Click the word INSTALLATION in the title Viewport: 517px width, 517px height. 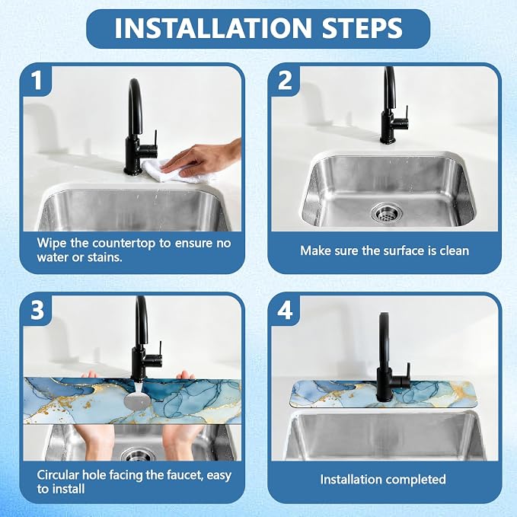[212, 27]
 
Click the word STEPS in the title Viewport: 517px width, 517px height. [362, 27]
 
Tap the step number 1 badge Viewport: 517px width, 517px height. [37, 80]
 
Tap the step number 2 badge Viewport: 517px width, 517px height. [285, 80]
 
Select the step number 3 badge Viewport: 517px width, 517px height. [37, 310]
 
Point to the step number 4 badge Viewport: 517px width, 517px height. [285, 310]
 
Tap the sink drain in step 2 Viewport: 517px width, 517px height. [387, 212]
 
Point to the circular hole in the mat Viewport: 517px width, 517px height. [137, 400]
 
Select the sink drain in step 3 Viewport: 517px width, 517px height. [139, 455]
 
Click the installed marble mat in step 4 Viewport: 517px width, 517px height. [382, 394]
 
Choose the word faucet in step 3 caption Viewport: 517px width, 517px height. [185, 475]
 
